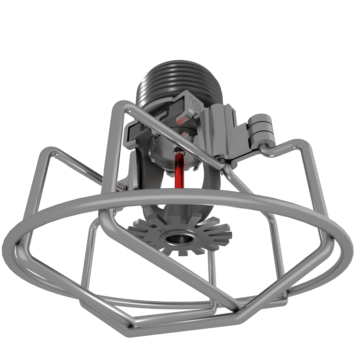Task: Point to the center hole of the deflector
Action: pyautogui.click(x=177, y=238)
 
